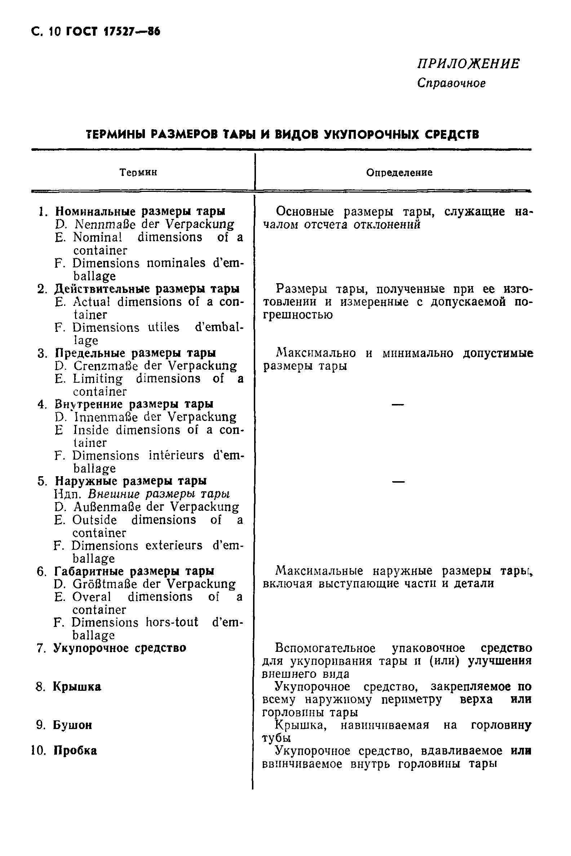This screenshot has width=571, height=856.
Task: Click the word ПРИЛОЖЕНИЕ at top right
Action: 468,64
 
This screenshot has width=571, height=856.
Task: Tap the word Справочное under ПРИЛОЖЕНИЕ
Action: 451,83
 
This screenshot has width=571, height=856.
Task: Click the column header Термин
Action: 138,172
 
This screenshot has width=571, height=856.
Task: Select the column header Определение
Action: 399,172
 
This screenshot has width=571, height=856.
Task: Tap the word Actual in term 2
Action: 92,302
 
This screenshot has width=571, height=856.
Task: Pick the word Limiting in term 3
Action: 98,379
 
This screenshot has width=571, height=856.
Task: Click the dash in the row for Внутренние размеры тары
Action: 398,404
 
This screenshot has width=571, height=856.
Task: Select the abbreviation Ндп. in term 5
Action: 69,495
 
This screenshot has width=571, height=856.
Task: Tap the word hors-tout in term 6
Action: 172,622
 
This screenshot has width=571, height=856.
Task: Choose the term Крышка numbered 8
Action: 77,686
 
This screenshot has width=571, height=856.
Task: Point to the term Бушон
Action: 72,725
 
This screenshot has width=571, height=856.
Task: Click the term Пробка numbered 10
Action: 75,751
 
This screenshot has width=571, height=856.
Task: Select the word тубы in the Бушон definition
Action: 276,738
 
